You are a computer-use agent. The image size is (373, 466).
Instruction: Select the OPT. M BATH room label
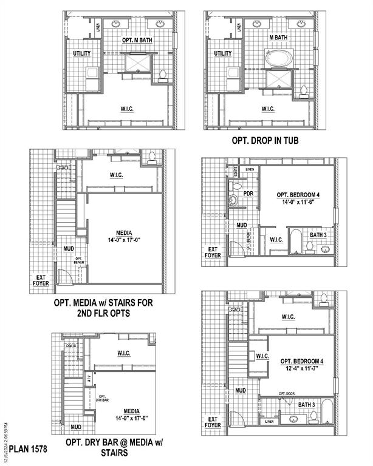(136, 40)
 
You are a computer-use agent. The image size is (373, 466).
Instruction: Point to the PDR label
(248, 194)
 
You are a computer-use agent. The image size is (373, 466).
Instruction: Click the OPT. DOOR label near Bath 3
(286, 394)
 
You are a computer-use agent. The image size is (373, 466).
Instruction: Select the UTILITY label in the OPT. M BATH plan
(81, 53)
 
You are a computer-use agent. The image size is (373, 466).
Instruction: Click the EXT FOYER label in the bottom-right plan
(213, 422)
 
